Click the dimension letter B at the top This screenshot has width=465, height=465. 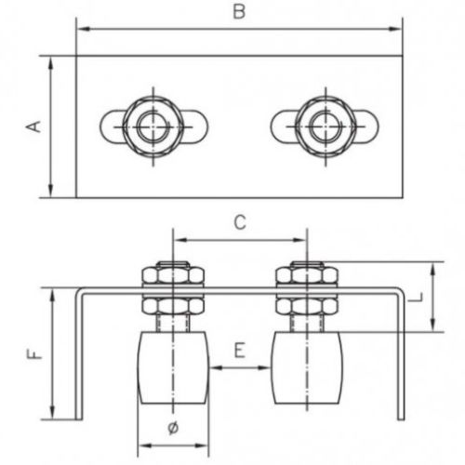pos(239,12)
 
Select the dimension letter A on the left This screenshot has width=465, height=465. pos(33,126)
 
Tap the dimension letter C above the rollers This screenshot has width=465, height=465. pos(240,222)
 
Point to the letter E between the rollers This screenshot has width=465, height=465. pos(240,351)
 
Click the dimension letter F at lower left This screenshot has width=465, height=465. pos(34,353)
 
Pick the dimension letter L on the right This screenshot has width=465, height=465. pos(415,298)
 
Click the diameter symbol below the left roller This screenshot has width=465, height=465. pos(173,428)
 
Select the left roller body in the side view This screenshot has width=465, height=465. pos(173,367)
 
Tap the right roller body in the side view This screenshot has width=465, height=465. pos(307,367)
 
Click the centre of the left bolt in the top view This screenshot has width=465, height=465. pos(153,126)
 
